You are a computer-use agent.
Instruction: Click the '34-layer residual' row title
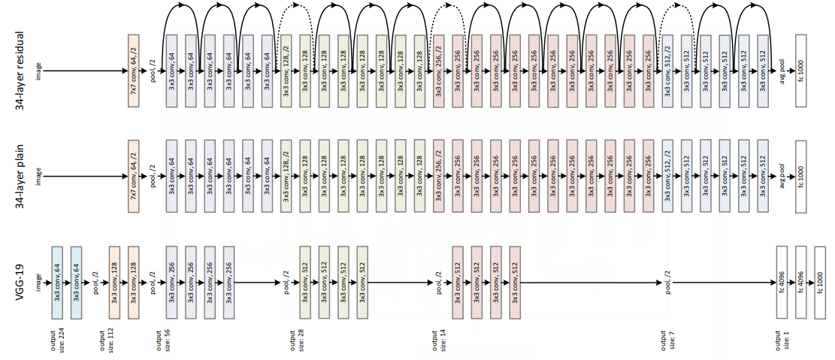click(20, 71)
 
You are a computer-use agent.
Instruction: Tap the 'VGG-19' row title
click(20, 283)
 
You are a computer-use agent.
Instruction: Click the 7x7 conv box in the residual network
click(134, 71)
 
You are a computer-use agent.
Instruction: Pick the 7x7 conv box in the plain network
click(134, 177)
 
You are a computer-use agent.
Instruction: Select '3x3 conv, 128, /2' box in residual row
click(286, 71)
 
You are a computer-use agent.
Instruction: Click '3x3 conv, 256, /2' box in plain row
click(439, 177)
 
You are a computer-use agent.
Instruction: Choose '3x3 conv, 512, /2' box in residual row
click(667, 71)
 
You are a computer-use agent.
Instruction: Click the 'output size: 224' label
click(58, 339)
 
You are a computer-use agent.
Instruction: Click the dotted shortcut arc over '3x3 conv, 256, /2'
click(449, 10)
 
